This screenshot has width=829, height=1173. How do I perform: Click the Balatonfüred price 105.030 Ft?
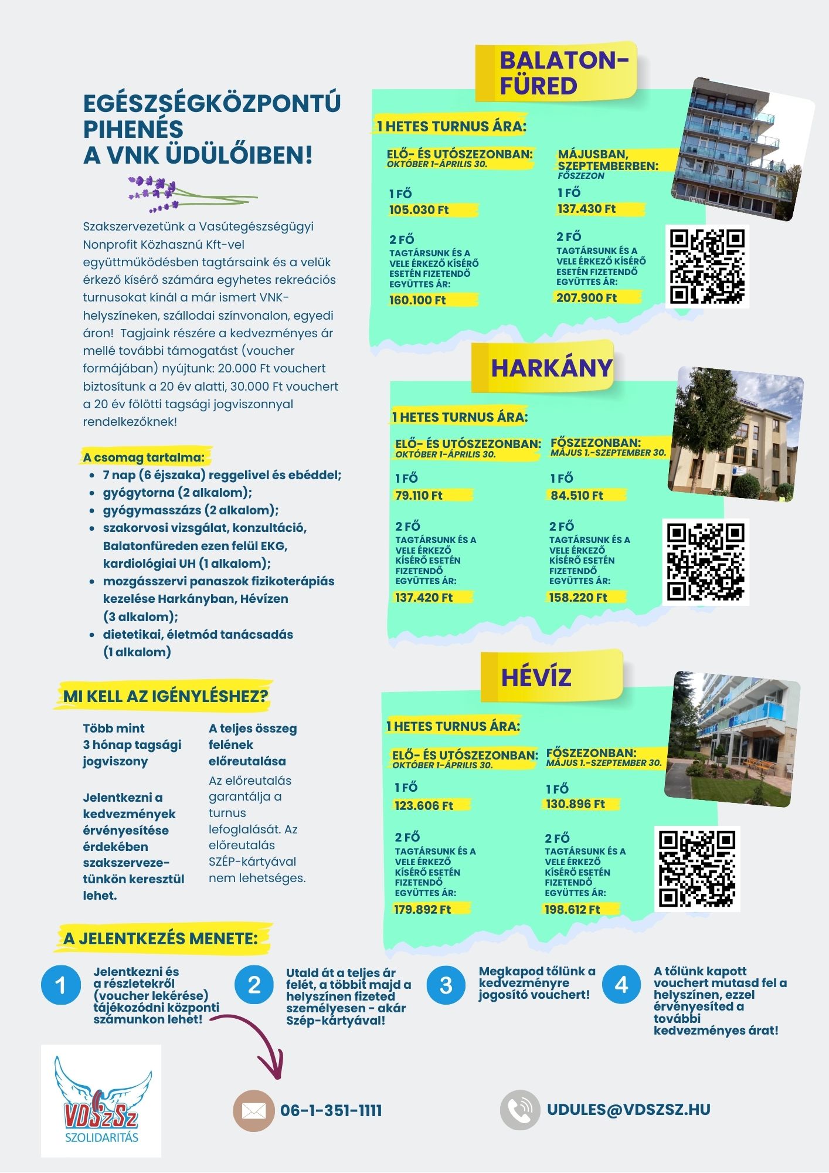tap(419, 210)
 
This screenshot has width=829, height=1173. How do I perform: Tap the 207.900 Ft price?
tap(586, 298)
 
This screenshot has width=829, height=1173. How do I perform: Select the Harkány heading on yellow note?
tap(551, 368)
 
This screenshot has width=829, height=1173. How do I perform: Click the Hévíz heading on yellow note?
tap(536, 677)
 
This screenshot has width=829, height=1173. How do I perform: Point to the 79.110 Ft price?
tap(419, 496)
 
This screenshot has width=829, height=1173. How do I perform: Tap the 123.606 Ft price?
tap(424, 806)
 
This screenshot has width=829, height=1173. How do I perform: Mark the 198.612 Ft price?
tap(572, 910)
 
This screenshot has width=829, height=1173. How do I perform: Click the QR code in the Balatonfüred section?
tap(707, 267)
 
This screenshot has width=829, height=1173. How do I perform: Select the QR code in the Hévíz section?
tap(697, 869)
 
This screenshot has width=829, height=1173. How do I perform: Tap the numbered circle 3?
tap(446, 985)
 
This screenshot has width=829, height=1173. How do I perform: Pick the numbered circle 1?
tap(61, 985)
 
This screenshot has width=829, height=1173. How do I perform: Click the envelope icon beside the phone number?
tap(253, 1111)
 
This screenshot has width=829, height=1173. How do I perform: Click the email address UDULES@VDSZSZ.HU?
tap(628, 1110)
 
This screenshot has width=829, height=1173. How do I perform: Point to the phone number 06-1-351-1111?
tap(331, 1111)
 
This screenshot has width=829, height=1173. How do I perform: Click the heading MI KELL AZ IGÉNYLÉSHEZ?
tap(166, 696)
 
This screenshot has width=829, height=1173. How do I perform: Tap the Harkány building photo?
tap(736, 434)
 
